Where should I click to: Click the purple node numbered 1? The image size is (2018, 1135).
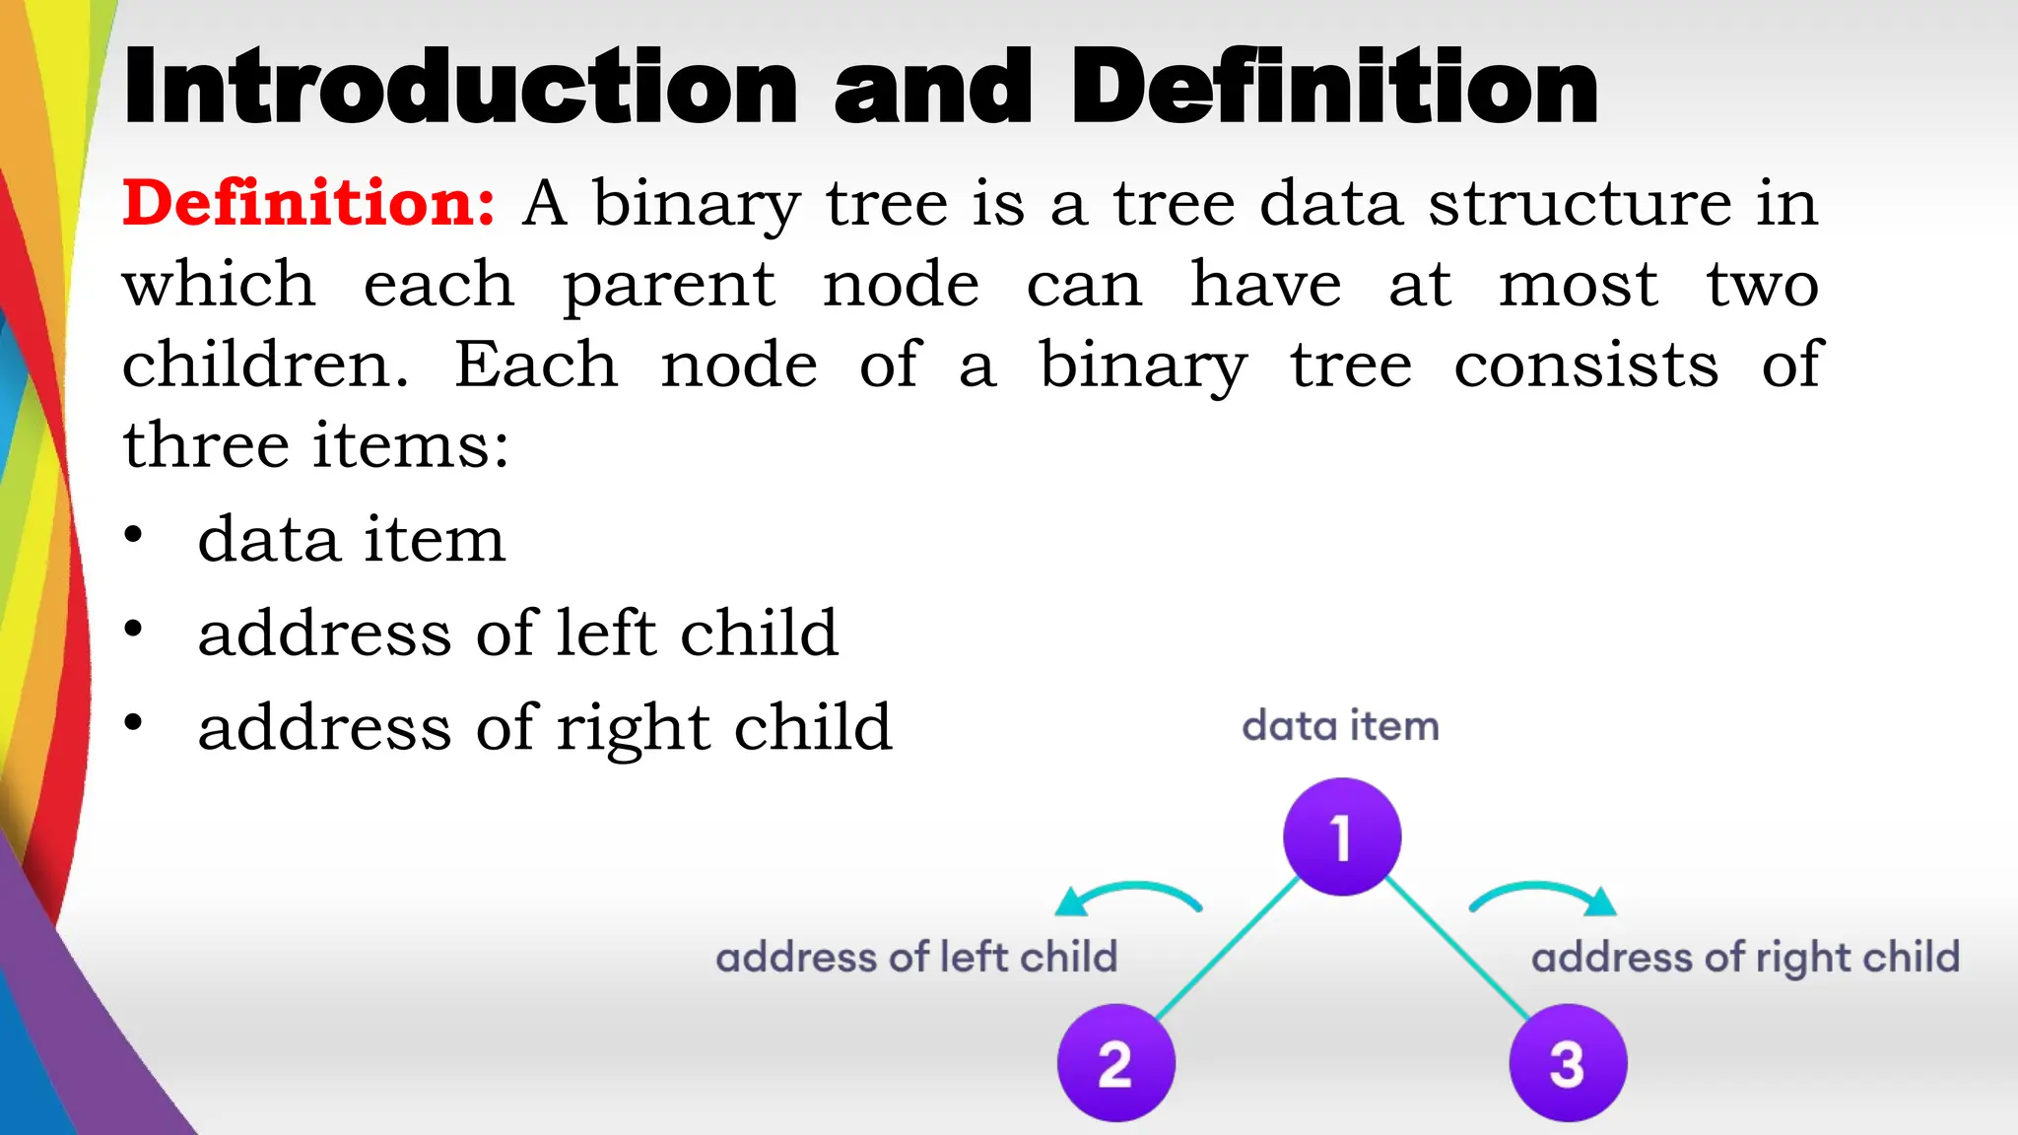1341,836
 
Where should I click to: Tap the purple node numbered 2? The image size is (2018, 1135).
1115,1063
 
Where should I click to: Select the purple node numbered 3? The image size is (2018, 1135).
1567,1063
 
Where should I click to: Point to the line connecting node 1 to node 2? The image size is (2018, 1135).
1227,949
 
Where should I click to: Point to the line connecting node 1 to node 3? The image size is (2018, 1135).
1457,949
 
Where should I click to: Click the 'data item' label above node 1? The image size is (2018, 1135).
1340,726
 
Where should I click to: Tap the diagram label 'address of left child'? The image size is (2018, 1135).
916,958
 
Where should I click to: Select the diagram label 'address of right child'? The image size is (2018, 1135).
1745,958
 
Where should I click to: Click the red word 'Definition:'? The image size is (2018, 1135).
308,203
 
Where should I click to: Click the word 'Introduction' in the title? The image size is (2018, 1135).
460,89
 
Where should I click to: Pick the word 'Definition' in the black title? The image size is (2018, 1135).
1335,89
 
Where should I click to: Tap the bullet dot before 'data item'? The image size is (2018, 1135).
133,535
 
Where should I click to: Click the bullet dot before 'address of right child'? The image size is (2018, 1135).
133,723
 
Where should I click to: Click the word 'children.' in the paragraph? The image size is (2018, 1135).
265,365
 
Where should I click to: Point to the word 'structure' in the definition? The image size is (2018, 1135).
1581,203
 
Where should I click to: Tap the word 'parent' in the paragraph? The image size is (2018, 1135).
669,286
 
